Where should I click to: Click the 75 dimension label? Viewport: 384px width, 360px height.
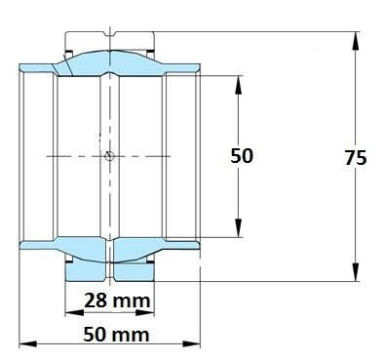click(x=356, y=158)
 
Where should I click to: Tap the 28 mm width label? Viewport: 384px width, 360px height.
click(x=117, y=300)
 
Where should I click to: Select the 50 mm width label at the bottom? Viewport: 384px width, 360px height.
click(x=117, y=335)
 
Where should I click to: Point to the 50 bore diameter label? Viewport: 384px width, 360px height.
click(x=242, y=156)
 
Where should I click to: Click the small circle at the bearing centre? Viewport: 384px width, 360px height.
click(x=109, y=156)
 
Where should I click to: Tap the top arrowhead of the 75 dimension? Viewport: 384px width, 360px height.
click(x=356, y=41)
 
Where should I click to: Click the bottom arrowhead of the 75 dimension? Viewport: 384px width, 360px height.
click(x=356, y=271)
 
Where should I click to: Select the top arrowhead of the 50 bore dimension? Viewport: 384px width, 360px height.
click(x=239, y=85)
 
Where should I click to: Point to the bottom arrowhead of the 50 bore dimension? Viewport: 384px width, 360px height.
click(x=239, y=227)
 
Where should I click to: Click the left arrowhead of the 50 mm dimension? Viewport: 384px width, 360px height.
click(x=28, y=343)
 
